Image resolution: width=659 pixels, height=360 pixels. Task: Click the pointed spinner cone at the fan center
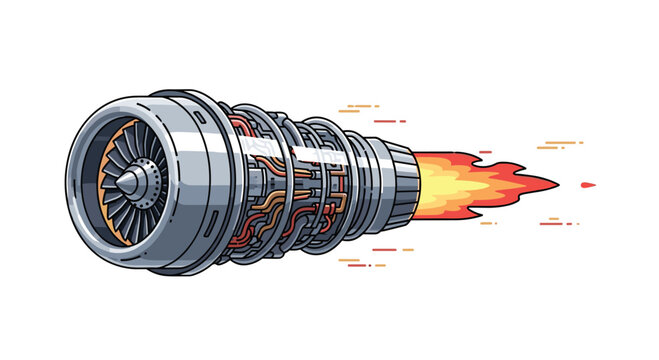tap(131, 179)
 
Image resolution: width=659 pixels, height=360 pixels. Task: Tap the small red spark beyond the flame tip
tap(588, 185)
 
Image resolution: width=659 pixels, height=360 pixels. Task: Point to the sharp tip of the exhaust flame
tap(554, 184)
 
